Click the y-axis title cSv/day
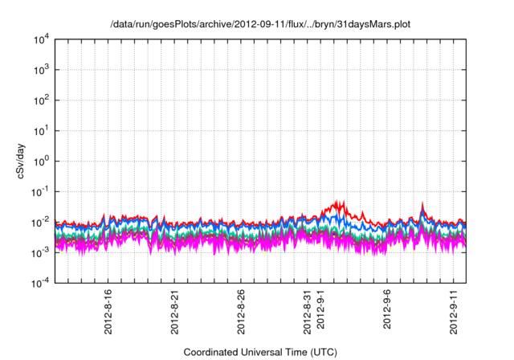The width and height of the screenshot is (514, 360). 26,160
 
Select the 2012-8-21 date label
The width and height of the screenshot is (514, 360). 176,312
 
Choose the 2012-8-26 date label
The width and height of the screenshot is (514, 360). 242,312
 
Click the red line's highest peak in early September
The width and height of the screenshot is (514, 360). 344,201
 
